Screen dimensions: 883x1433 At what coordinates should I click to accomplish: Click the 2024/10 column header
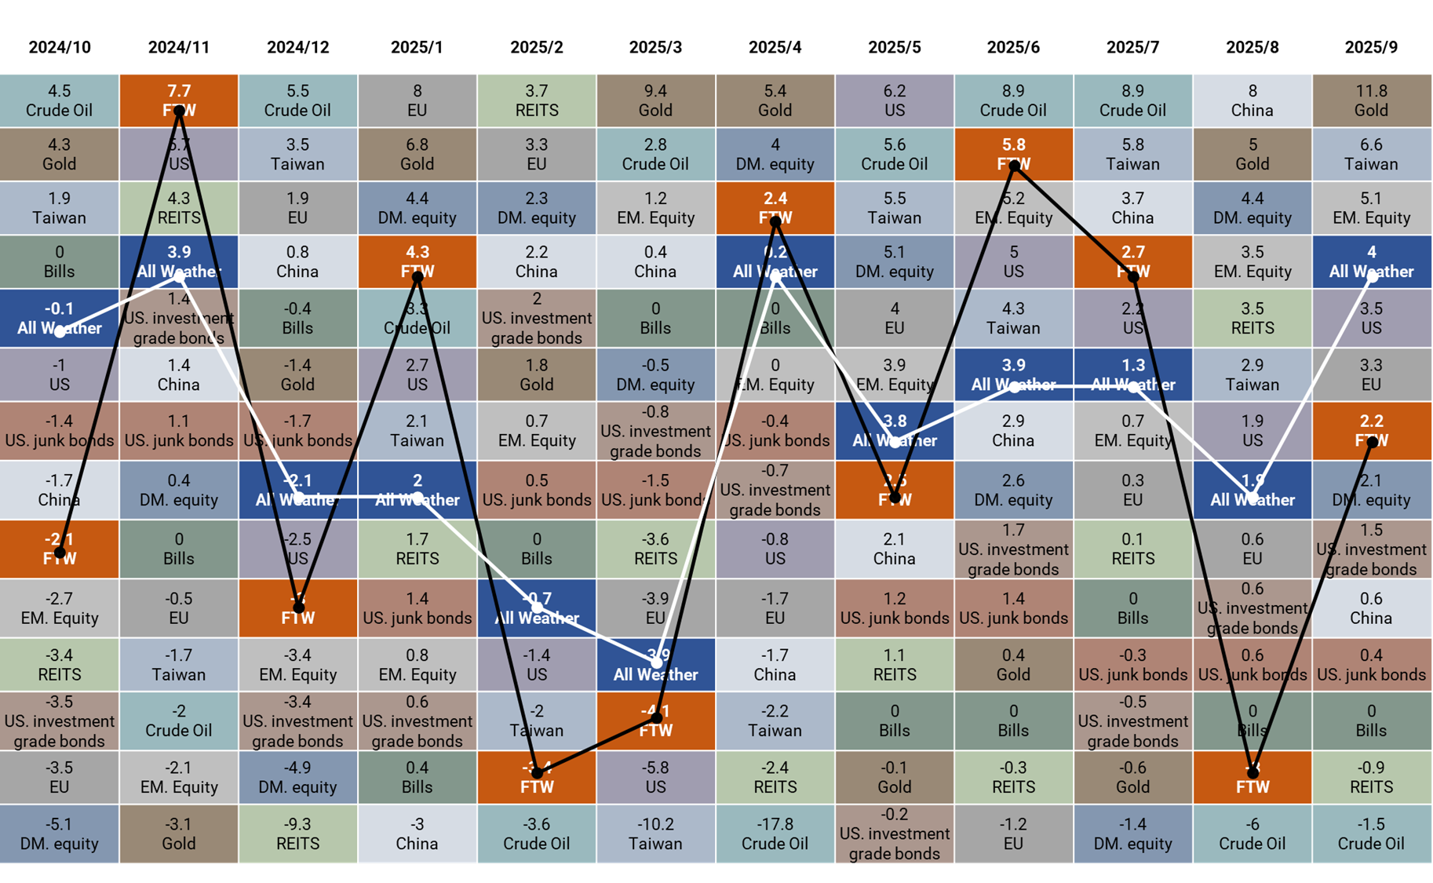click(x=60, y=47)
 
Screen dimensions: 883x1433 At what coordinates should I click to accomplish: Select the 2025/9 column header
click(x=1371, y=47)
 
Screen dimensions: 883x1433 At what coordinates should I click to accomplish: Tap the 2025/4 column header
click(x=775, y=47)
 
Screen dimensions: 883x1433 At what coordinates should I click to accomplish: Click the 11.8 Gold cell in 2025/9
click(x=1371, y=100)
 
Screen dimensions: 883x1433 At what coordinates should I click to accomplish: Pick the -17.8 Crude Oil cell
click(x=775, y=834)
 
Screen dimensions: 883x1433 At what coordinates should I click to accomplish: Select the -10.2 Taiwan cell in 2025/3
click(x=655, y=834)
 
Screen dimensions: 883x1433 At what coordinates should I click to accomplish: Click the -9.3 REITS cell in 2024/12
click(x=297, y=834)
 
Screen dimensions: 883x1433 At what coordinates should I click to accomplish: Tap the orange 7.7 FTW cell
click(x=179, y=100)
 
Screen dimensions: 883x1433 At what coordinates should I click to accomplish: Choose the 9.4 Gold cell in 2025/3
click(x=655, y=100)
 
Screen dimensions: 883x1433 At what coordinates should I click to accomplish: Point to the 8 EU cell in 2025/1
click(x=417, y=100)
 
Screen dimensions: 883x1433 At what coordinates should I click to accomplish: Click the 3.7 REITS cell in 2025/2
click(x=537, y=100)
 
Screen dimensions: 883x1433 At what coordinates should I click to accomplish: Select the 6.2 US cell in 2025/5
click(x=894, y=100)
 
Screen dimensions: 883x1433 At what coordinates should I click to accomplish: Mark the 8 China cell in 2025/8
click(x=1252, y=100)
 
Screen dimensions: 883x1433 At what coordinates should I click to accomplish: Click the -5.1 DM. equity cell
click(x=60, y=834)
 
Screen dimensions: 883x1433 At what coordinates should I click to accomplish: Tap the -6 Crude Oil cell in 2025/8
click(x=1252, y=834)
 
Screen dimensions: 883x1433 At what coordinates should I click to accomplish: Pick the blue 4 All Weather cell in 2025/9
click(x=1371, y=262)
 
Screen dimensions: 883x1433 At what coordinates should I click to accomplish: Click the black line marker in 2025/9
click(x=1372, y=443)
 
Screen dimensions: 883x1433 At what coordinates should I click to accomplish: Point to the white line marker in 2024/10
click(x=60, y=332)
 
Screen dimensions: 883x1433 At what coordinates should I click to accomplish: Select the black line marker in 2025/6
click(x=1014, y=166)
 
